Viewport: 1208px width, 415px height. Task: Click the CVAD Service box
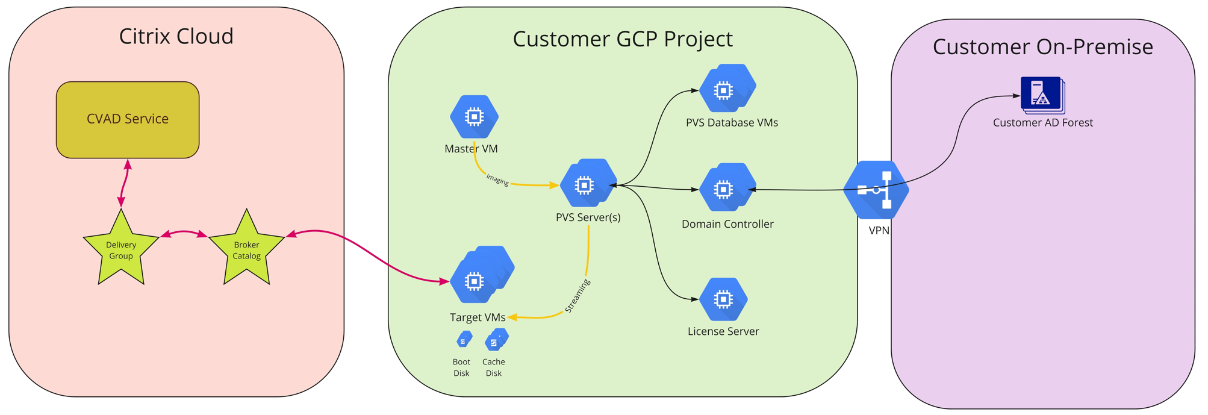128,120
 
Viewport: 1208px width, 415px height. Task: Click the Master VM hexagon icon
474,116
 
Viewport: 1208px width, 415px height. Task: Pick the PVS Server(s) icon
587,184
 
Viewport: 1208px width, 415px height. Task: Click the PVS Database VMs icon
727,89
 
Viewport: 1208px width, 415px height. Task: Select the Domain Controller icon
727,188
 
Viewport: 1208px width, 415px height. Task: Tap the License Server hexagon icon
723,299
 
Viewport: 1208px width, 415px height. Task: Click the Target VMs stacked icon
480,276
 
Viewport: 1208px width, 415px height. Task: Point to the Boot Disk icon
464,340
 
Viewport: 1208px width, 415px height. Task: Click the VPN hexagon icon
877,190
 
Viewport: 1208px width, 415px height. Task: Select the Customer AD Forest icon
1042,95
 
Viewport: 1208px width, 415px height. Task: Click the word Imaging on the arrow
497,180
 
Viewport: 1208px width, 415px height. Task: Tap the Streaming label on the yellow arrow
577,296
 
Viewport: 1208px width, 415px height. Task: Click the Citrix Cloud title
176,37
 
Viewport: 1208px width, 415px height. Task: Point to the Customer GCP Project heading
622,39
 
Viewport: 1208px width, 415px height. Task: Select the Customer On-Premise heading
1042,47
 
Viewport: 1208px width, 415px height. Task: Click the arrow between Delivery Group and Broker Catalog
184,233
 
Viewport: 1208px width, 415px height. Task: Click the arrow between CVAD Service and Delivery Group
125,184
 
